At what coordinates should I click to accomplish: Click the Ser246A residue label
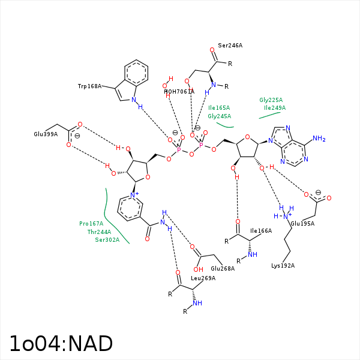click(x=230, y=46)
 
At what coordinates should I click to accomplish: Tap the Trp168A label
click(x=89, y=86)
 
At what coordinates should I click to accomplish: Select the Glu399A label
click(x=46, y=134)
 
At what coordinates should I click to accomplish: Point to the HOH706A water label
click(x=179, y=91)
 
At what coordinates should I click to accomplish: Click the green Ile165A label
click(x=219, y=108)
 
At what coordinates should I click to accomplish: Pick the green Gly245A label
click(x=219, y=116)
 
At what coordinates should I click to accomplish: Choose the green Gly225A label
click(x=271, y=100)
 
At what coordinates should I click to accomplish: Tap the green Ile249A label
click(x=275, y=108)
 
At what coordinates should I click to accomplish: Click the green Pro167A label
click(x=91, y=224)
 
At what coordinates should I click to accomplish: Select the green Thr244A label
click(x=99, y=232)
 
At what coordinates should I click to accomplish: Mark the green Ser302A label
click(x=107, y=240)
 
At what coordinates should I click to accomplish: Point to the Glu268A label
click(x=223, y=268)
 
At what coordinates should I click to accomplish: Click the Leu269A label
click(x=203, y=278)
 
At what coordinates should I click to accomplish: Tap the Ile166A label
click(x=261, y=230)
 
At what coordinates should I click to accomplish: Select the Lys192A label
click(x=283, y=265)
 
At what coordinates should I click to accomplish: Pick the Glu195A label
click(x=302, y=224)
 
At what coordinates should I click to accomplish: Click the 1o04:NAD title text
click(x=61, y=344)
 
